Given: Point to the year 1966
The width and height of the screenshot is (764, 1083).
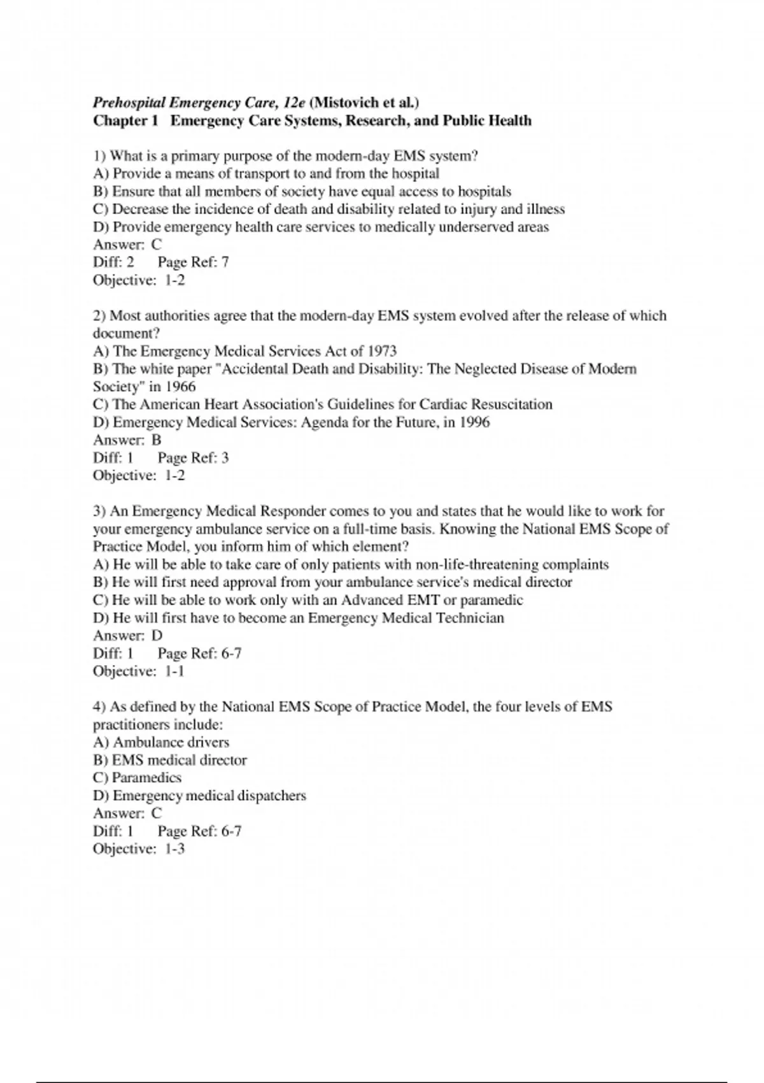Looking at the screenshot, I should (181, 387).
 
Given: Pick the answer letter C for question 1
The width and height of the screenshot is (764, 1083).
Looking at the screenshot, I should (157, 245).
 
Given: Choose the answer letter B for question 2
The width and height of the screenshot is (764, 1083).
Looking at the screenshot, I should (157, 440).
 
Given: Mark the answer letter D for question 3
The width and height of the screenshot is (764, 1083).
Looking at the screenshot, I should (157, 636).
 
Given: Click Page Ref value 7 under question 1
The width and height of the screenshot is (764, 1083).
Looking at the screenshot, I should (225, 262).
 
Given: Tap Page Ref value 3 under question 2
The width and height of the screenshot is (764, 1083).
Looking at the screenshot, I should (225, 458).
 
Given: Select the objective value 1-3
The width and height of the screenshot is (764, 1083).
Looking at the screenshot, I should (174, 849).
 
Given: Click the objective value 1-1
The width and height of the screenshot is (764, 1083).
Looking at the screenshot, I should (174, 671).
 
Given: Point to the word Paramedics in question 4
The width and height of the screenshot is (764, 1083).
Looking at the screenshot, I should (146, 778).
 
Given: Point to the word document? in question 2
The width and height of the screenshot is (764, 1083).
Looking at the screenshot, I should (126, 333).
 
